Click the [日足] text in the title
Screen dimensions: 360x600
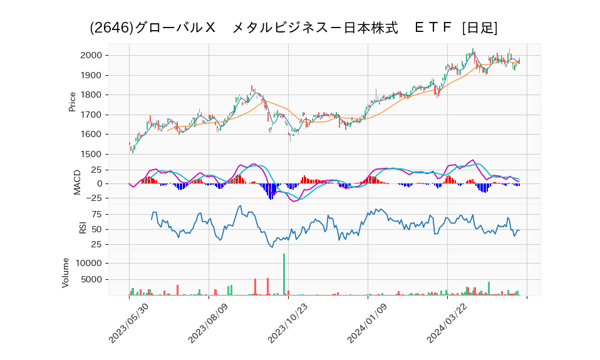pos(479,28)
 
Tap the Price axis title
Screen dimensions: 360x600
pos(72,101)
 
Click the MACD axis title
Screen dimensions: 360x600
pos(77,182)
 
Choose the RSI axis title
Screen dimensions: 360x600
pos(83,228)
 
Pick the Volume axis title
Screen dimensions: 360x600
pos(65,273)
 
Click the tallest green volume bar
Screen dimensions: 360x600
pos(284,274)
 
